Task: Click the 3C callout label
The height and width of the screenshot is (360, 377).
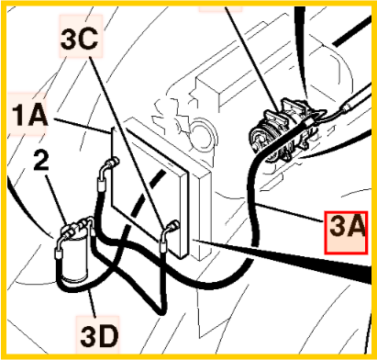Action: point(79,39)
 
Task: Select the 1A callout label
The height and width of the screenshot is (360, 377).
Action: point(29,115)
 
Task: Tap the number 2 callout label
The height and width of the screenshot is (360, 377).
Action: point(41,161)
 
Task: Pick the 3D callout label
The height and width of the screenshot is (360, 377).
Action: point(99,336)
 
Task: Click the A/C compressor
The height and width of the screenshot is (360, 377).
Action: point(282,131)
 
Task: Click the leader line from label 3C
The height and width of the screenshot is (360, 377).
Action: point(126,141)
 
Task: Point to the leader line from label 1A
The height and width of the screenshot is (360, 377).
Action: point(82,126)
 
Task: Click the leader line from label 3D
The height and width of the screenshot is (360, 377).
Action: point(92,303)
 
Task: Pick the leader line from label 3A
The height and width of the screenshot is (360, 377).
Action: point(291,212)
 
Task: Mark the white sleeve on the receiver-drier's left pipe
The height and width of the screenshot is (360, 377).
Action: point(57,253)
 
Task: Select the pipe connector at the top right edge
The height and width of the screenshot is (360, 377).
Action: point(347,107)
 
